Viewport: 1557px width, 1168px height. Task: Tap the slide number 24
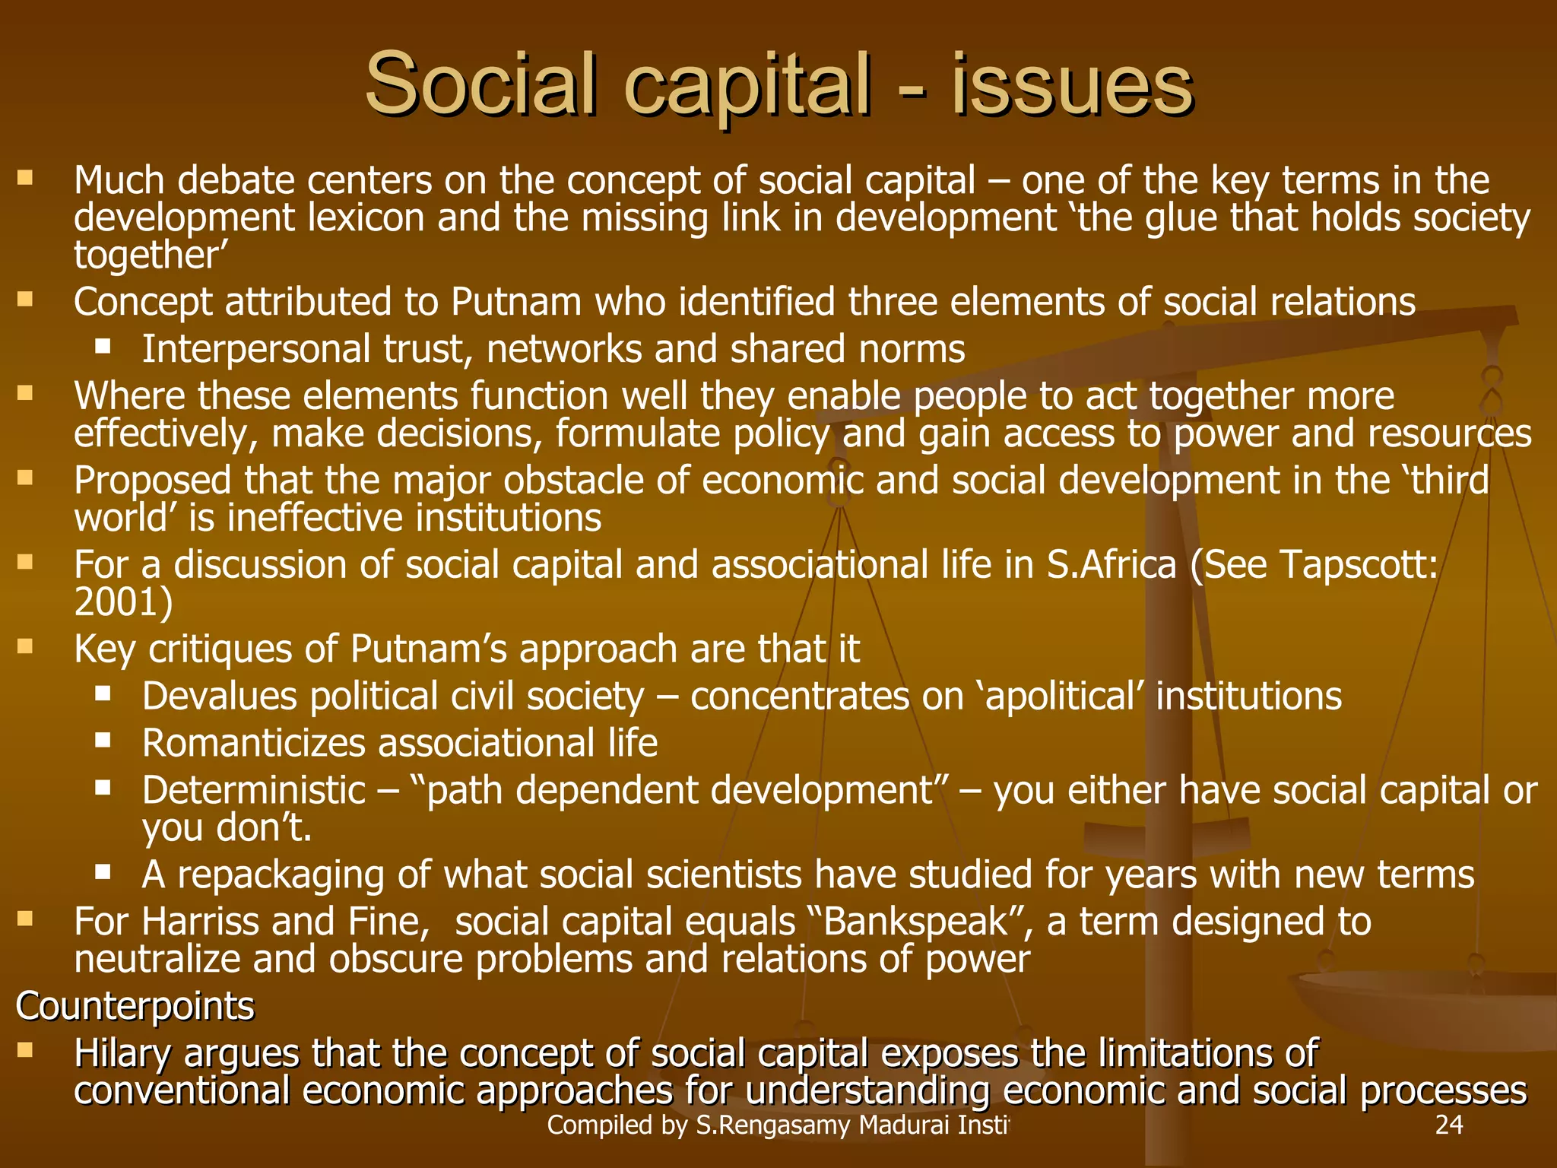tap(1448, 1125)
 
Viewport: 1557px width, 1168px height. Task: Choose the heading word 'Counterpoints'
tap(135, 1006)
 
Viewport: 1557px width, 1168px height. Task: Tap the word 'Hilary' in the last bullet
tap(122, 1054)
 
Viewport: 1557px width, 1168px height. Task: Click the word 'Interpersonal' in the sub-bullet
tap(255, 349)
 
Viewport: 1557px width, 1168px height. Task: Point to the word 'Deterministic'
tap(254, 790)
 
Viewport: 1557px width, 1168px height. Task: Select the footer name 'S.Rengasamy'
tap(773, 1125)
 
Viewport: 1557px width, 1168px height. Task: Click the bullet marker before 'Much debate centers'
tap(25, 179)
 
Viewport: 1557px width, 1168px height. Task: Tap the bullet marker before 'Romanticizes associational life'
tap(103, 740)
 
